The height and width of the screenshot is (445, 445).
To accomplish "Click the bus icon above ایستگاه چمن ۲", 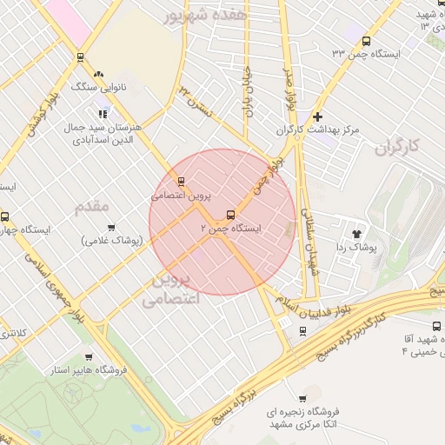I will [x=230, y=215].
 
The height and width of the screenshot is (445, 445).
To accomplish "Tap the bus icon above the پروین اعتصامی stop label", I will [x=181, y=182].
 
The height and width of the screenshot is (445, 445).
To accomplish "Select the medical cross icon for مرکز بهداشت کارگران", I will [x=317, y=116].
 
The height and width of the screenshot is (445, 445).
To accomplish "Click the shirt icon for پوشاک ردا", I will [x=355, y=233].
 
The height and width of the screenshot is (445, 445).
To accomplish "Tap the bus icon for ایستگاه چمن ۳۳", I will [x=366, y=41].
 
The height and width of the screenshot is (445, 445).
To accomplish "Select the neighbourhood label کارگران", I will [x=397, y=148].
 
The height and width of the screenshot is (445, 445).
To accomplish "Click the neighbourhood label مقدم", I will [x=93, y=207].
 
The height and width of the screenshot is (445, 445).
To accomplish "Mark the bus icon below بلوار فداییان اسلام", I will [x=302, y=331].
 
